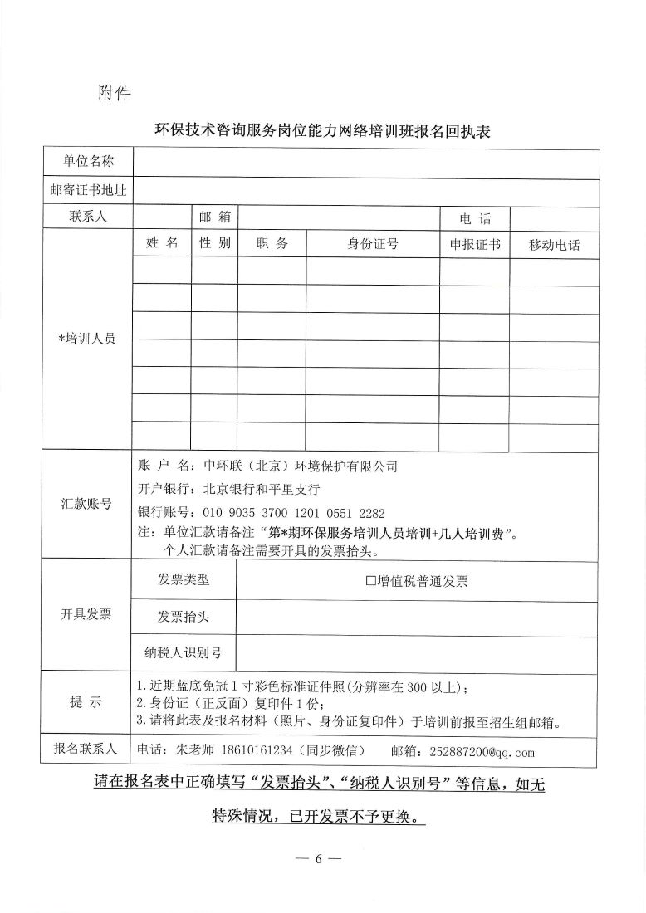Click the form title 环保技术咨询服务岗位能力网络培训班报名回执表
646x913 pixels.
pos(323,131)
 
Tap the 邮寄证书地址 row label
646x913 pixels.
pos(88,191)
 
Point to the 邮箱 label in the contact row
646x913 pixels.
pos(213,217)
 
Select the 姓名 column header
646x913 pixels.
pos(162,243)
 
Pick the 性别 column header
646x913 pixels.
pos(213,243)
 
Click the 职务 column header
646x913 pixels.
pos(272,244)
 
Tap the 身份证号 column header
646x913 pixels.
pos(372,244)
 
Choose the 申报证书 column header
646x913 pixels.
pos(474,244)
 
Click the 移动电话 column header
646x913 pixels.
pos(554,245)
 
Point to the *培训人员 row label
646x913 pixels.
pos(86,339)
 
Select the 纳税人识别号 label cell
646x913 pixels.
pos(184,652)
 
